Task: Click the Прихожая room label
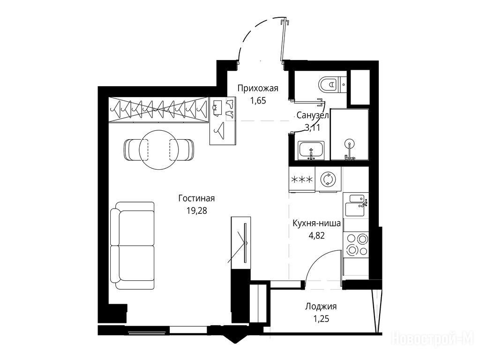coord(258,89)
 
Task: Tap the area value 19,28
coord(196,210)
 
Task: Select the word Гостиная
coord(196,198)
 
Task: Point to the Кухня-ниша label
coord(316,223)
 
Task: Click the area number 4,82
coord(317,235)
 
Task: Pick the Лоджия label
coord(321,307)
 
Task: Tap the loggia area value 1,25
coord(321,319)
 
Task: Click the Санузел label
coord(313,116)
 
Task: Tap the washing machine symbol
coord(328,180)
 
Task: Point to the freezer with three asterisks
coord(302,180)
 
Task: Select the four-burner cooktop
coord(356,245)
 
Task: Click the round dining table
coord(159,150)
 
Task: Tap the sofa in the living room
coord(133,246)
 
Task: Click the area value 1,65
coord(258,101)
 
